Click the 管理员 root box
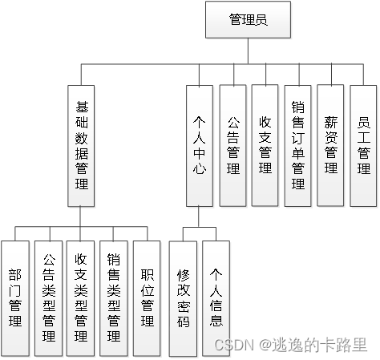coord(248,20)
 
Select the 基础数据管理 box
coord(82,144)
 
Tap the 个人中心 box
coord(200,144)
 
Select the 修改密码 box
coord(184,297)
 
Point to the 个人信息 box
coord(216,297)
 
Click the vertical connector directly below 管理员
coord(248,50)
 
